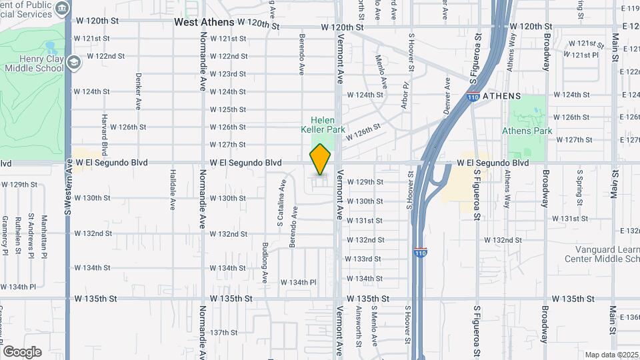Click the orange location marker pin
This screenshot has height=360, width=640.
tap(321, 159)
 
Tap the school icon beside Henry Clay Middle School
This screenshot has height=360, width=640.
tap(73, 63)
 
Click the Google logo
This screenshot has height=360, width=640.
tap(22, 351)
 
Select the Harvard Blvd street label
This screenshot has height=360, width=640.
tap(105, 134)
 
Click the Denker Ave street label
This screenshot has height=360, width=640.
tap(139, 91)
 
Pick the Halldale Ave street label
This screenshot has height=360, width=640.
tap(172, 185)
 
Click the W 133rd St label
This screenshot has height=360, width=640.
tap(363, 259)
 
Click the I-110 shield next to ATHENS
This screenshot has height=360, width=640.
tap(473, 97)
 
